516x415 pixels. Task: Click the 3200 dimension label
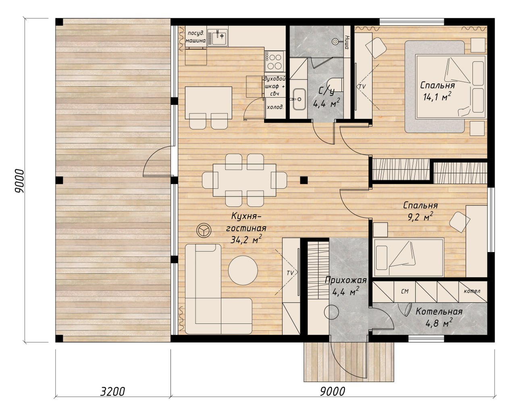(112, 392)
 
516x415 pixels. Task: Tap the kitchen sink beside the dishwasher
(217, 37)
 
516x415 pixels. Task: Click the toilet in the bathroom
(336, 85)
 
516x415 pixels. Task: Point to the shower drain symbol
(335, 42)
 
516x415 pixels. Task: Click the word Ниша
(347, 42)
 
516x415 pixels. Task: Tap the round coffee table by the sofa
(243, 270)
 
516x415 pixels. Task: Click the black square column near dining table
(304, 180)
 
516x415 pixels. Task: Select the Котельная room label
(439, 312)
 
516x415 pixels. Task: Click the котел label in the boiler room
(472, 291)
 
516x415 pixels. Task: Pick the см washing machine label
(405, 292)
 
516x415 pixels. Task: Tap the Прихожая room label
(346, 280)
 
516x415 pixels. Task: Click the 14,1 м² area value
(437, 96)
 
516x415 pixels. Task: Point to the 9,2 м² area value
(420, 217)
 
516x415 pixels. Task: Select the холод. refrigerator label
(275, 107)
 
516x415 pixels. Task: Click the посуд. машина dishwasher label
(196, 37)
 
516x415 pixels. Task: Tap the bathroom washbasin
(299, 99)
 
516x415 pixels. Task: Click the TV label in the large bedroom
(362, 86)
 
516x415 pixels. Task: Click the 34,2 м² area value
(246, 239)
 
